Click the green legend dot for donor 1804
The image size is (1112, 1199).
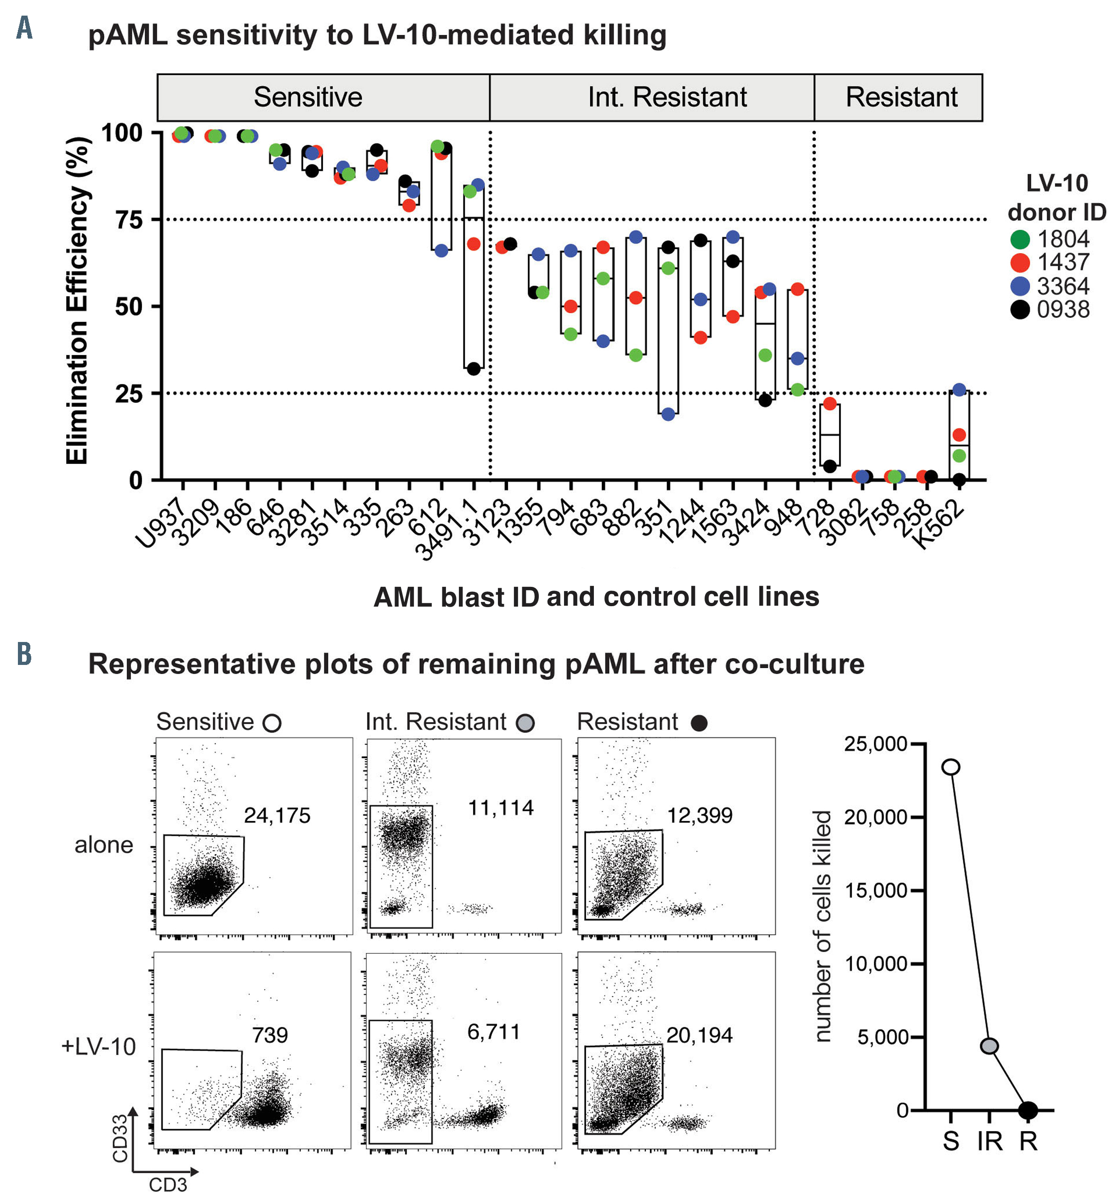click(1020, 239)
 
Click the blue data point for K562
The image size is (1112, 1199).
click(959, 390)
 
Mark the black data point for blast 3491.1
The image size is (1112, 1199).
click(474, 369)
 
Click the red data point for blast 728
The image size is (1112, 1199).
click(830, 404)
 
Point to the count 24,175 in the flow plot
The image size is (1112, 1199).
click(277, 816)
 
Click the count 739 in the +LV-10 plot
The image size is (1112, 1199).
click(270, 1036)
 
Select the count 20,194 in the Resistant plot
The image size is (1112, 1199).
click(699, 1036)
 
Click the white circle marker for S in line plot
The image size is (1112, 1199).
click(951, 767)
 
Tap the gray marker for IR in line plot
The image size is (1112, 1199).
click(989, 1046)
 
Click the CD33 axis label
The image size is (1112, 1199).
click(120, 1138)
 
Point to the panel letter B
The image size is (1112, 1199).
click(24, 654)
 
